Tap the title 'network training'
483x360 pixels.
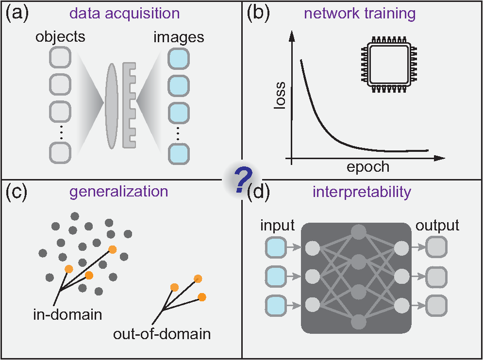pos(360,13)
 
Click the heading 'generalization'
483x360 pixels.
pos(118,191)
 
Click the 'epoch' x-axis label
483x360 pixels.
pos(368,167)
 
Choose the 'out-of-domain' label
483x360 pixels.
pos(162,334)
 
